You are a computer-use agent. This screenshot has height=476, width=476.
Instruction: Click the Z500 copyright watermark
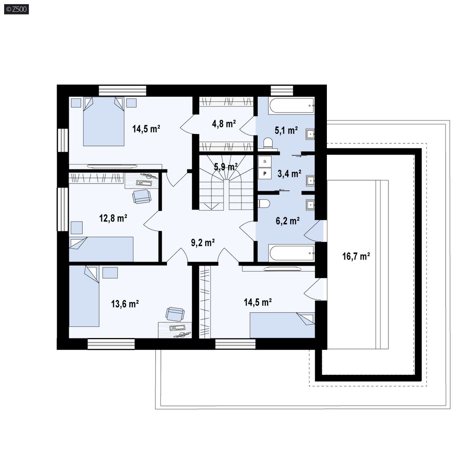coord(17,9)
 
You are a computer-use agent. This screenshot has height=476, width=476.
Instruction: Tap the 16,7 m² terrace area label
coord(356,256)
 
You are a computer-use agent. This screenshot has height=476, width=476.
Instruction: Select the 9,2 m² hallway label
coord(203,243)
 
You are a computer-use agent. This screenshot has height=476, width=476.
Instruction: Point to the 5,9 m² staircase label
coord(226,167)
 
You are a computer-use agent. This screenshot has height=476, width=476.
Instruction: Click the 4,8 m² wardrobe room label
coord(224,124)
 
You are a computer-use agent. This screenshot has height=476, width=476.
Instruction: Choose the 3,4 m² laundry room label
coord(289,174)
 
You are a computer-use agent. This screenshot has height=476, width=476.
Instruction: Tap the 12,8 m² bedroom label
coord(113,218)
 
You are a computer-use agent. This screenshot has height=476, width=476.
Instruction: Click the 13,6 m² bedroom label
coord(125,304)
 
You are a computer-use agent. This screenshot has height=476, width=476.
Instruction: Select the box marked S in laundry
coord(265,162)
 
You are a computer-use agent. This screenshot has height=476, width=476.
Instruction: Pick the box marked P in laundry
coord(265,174)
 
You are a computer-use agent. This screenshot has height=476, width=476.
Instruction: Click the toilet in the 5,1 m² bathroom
coord(268,144)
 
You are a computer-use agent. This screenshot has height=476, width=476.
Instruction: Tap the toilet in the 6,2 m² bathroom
coord(264,204)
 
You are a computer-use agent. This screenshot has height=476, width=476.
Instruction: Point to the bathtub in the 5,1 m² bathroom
coord(291,106)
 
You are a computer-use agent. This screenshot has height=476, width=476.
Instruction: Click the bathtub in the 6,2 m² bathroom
coord(291,253)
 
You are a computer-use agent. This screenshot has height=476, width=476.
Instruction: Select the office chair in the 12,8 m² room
coord(141,196)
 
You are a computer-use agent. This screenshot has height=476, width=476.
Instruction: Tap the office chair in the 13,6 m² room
coord(175,314)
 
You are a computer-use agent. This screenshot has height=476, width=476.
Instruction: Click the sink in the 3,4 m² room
coord(310,181)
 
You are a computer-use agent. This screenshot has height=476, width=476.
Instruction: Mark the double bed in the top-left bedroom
coord(104,121)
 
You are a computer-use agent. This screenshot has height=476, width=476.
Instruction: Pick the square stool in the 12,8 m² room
coord(76,228)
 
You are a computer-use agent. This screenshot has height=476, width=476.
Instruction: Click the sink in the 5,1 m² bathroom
coord(310,134)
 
